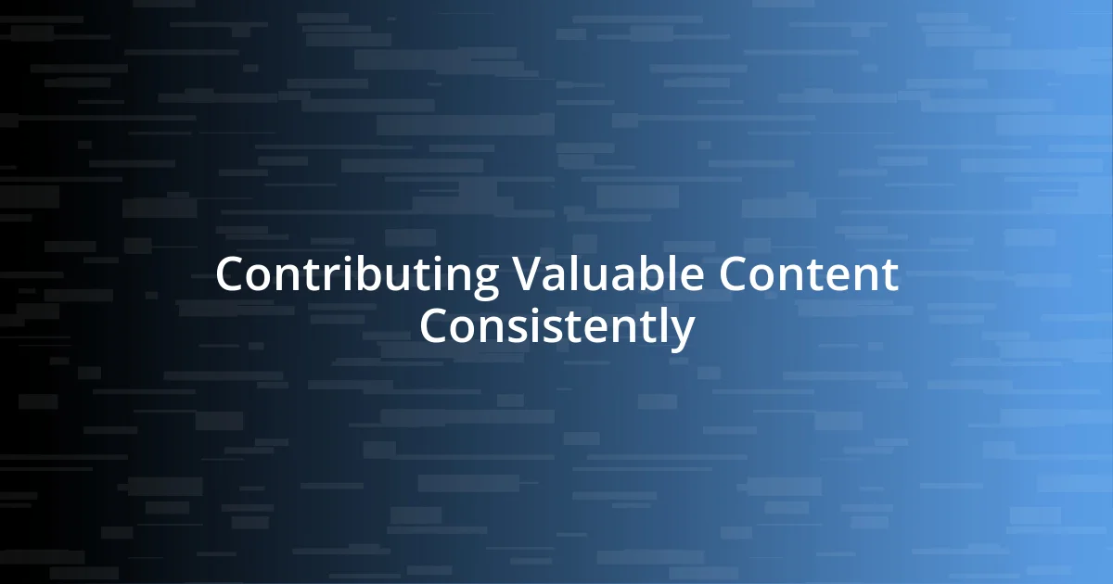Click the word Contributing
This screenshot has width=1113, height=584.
[x=357, y=275]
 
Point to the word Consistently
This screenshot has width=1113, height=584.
[x=556, y=326]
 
